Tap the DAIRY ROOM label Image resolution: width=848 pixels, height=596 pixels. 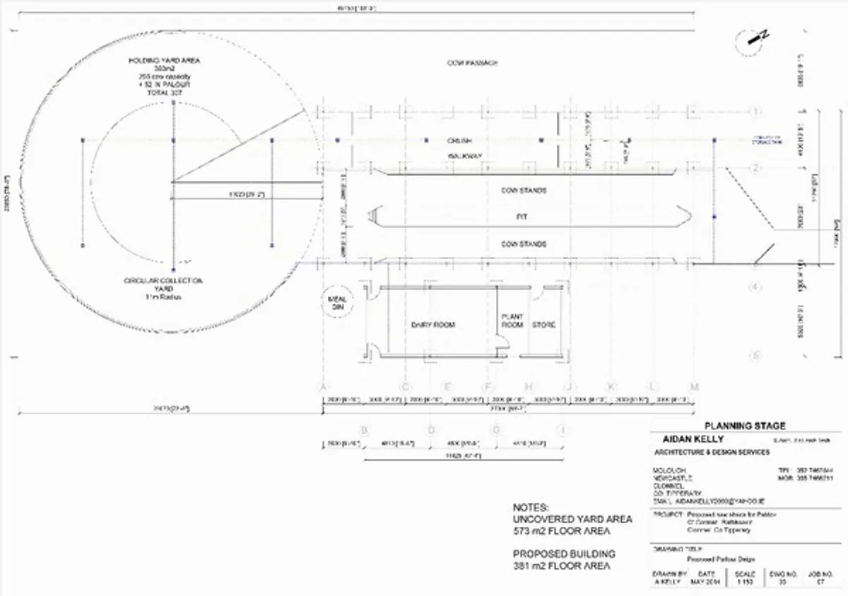(433, 325)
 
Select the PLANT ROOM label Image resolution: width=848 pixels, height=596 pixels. (512, 321)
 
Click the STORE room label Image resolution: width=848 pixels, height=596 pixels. (543, 325)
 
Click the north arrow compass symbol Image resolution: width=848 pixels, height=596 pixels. (750, 42)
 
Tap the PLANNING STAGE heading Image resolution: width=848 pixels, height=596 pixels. (745, 426)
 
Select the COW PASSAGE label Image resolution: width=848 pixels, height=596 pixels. (471, 64)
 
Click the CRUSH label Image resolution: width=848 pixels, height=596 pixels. (459, 140)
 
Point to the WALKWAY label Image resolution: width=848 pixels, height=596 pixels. (464, 155)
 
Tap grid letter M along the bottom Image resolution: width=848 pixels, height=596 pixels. (695, 387)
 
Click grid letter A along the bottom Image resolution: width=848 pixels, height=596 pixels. (324, 387)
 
